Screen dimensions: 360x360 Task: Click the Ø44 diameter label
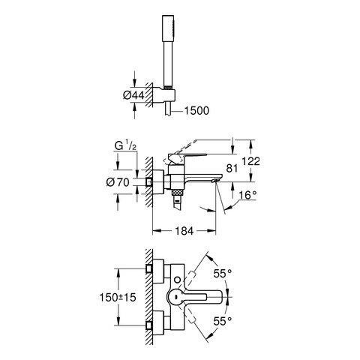[x=133, y=95]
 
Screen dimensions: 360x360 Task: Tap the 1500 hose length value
[x=196, y=111]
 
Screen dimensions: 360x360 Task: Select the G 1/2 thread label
[x=125, y=146]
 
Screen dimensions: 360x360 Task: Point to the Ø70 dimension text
[x=118, y=182]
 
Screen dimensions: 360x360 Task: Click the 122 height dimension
[x=251, y=161]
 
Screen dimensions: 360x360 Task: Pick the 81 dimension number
[x=232, y=169]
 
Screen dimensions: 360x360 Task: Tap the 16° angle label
[x=247, y=195]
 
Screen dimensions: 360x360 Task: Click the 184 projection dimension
[x=184, y=231]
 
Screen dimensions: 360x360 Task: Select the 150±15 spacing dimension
[x=118, y=298]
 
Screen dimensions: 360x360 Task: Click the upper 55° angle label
[x=223, y=274]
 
